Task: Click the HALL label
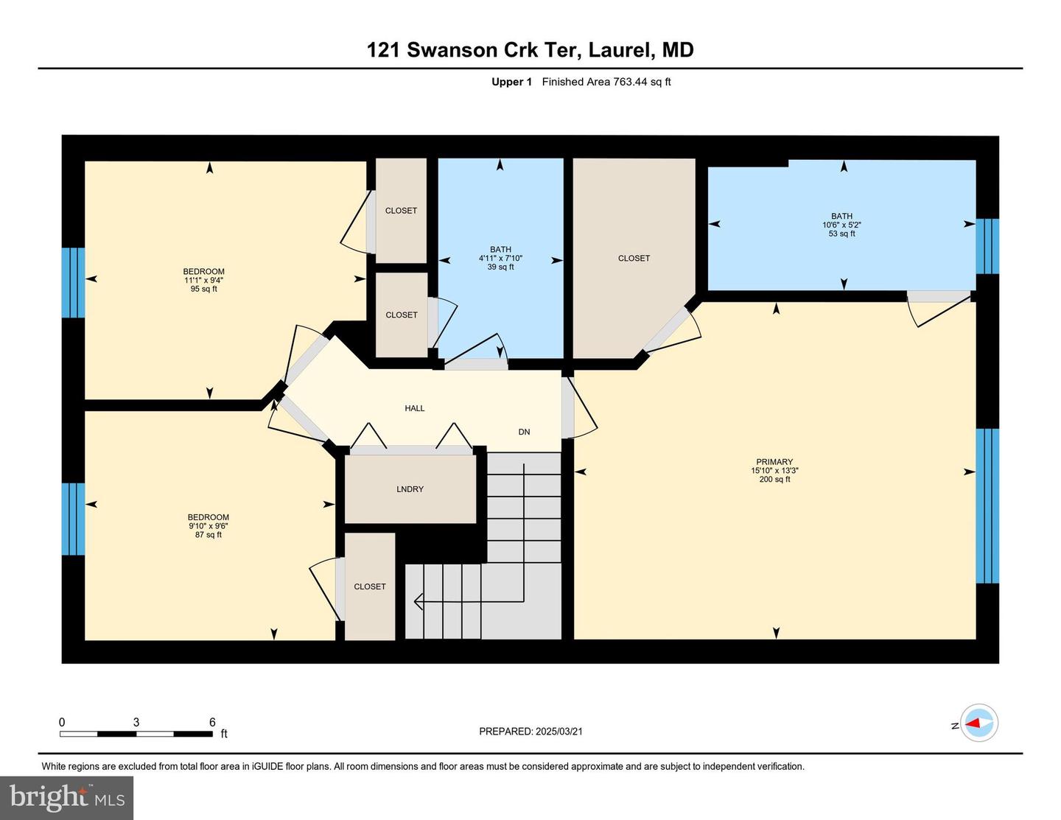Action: [414, 408]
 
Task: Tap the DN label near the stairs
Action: [524, 432]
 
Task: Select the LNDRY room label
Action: [410, 489]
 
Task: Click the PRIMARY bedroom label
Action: [774, 462]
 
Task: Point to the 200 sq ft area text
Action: [774, 480]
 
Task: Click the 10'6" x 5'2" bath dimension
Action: [841, 225]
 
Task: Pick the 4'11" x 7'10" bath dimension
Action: [500, 258]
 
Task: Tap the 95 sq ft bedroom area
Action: [203, 289]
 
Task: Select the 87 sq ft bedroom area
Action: [208, 535]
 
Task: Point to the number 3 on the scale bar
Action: [136, 722]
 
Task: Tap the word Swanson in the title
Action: [452, 50]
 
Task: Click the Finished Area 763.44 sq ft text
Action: [606, 82]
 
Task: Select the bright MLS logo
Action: [66, 798]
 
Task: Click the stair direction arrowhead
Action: [418, 602]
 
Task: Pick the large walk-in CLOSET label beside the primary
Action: [634, 258]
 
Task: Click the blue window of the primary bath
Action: [987, 247]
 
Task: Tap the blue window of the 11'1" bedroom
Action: [73, 283]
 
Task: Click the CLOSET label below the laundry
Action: [370, 586]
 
